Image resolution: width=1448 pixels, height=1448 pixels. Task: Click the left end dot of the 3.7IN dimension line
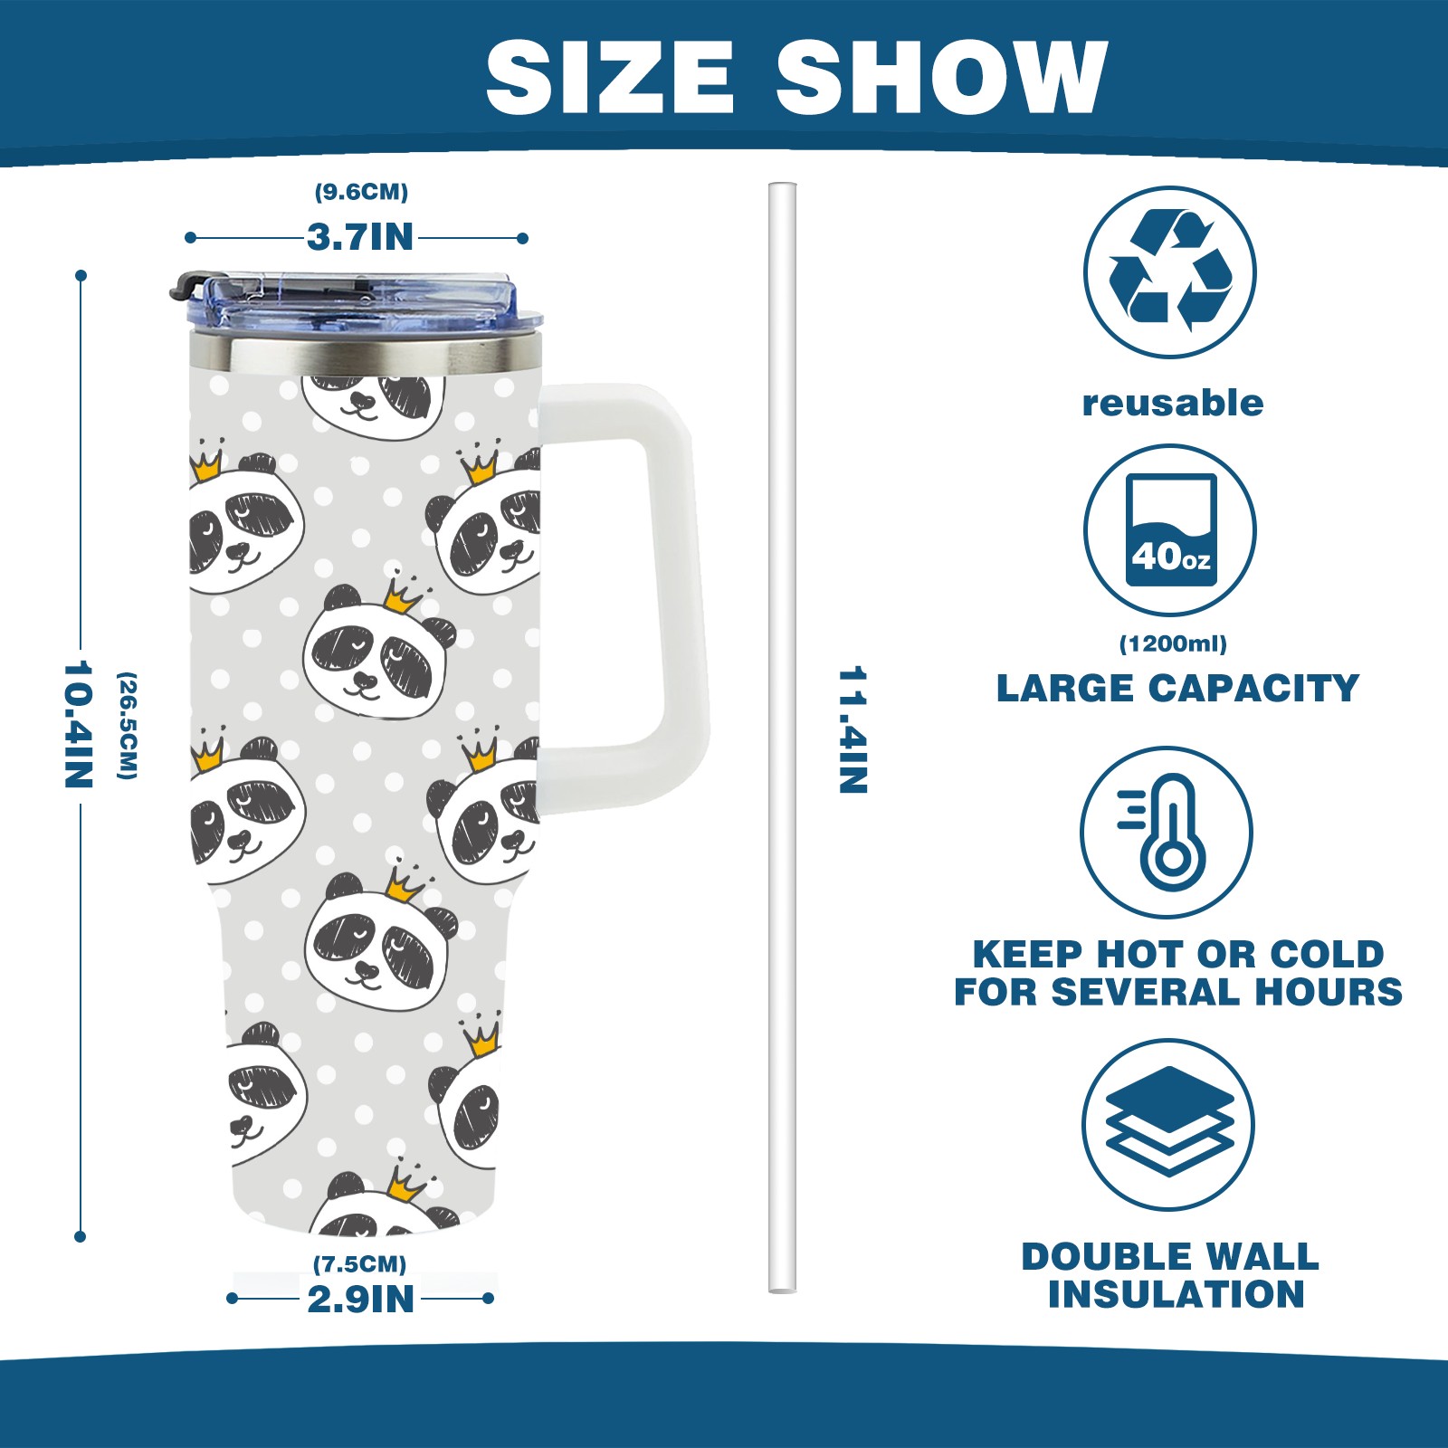(x=190, y=238)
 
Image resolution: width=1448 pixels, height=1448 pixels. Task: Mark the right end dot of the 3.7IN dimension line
(x=523, y=238)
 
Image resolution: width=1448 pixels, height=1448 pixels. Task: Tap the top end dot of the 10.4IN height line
(x=81, y=275)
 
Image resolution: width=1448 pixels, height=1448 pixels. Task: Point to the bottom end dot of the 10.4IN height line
(x=81, y=1236)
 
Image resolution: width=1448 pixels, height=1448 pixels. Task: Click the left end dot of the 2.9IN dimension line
(x=233, y=1299)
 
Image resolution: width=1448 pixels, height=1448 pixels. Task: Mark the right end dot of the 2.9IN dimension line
(x=489, y=1299)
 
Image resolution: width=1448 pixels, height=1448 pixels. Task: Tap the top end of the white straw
(x=783, y=186)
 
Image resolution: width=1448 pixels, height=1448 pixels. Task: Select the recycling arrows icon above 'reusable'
(x=1170, y=271)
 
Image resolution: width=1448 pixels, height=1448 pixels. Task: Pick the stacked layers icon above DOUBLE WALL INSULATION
(x=1169, y=1121)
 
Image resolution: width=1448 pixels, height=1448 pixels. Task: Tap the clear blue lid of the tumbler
(x=357, y=300)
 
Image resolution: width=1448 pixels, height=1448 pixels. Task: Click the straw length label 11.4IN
(x=853, y=730)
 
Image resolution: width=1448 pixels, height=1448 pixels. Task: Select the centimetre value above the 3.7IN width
(x=361, y=192)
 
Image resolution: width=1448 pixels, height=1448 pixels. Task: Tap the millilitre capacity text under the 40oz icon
(x=1173, y=644)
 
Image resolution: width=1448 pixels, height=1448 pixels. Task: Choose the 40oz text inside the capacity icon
(x=1170, y=556)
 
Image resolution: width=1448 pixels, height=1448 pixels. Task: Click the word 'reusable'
(x=1173, y=403)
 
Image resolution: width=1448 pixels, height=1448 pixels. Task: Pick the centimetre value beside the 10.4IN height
(x=128, y=725)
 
